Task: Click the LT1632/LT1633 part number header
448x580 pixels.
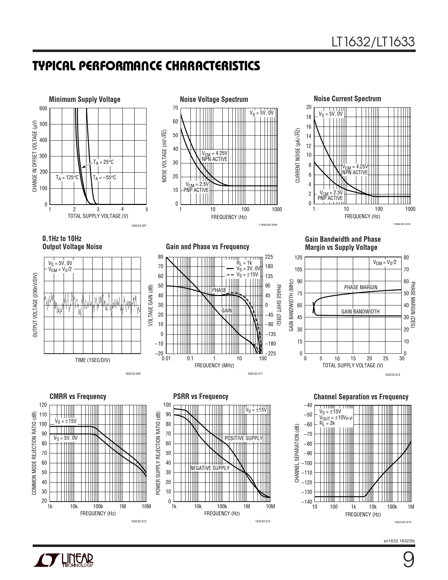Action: tap(374, 42)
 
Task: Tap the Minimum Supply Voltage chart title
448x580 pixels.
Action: tap(85, 99)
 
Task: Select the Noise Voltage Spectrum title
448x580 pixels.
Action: tap(214, 99)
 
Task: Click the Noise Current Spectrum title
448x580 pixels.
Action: tap(347, 99)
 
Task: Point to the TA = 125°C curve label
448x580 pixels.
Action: tap(67, 178)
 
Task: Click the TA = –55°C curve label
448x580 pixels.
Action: tap(105, 178)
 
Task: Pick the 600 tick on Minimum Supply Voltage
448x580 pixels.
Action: tap(43, 109)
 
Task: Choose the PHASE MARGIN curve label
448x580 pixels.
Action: tap(361, 288)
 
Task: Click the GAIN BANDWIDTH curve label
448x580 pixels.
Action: tap(360, 311)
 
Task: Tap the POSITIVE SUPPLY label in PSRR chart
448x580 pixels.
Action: tap(244, 438)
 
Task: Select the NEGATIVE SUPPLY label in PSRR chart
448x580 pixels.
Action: tap(210, 468)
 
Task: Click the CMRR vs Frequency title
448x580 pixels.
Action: tap(78, 397)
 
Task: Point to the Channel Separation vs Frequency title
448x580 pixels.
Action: tap(361, 397)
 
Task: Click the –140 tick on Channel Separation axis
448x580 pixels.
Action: tap(307, 502)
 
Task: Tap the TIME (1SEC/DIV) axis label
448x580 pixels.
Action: tap(92, 360)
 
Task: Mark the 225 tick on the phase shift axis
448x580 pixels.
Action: tap(269, 257)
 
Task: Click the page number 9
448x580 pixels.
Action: tap(408, 560)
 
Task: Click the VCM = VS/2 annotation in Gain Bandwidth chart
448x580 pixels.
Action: tap(384, 263)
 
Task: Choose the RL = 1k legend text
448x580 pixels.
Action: tap(244, 263)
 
